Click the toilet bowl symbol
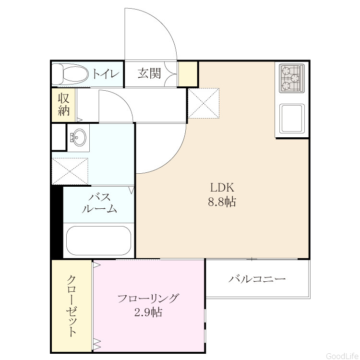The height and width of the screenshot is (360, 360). [x=70, y=74]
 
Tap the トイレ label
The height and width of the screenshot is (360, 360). [x=106, y=74]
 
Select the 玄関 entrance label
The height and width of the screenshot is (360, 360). [x=149, y=73]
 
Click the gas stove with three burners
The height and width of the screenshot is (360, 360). [x=291, y=78]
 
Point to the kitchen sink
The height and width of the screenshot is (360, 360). [x=292, y=119]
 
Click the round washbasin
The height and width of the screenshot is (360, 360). [x=78, y=137]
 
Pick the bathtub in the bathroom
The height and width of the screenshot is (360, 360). [x=98, y=240]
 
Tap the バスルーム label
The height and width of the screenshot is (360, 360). [x=100, y=203]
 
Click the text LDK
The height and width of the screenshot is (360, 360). [x=222, y=187]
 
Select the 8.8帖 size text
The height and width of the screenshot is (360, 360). [x=222, y=202]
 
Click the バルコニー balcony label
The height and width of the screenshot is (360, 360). [x=257, y=279]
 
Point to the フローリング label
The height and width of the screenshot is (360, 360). [x=148, y=298]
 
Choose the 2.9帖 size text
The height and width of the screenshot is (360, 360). [x=148, y=312]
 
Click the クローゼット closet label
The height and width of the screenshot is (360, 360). [x=72, y=306]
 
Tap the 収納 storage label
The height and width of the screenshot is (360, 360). [x=63, y=105]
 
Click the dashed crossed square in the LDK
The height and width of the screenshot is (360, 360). [x=204, y=104]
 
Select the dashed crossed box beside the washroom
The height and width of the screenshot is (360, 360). [x=70, y=171]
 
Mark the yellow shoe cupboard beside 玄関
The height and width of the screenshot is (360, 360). [x=188, y=74]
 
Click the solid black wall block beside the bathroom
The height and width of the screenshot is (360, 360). [x=57, y=222]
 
